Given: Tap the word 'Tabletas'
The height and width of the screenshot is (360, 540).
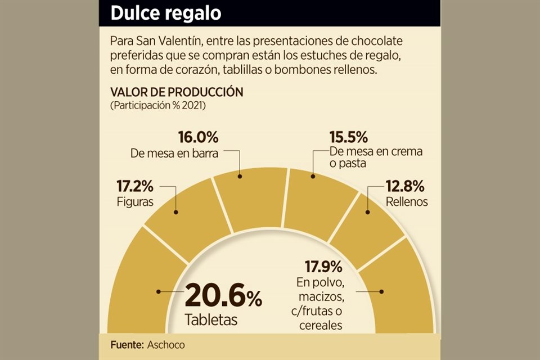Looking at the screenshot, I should pyautogui.click(x=211, y=320).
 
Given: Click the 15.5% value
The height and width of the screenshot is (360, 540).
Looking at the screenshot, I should pyautogui.click(x=349, y=137).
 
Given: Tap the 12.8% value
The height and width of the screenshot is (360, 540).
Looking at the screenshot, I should pyautogui.click(x=405, y=186).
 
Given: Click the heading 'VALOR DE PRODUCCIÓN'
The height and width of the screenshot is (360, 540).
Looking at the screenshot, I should pyautogui.click(x=177, y=92).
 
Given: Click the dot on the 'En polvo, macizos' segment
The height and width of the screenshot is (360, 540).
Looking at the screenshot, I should pyautogui.click(x=382, y=292).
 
